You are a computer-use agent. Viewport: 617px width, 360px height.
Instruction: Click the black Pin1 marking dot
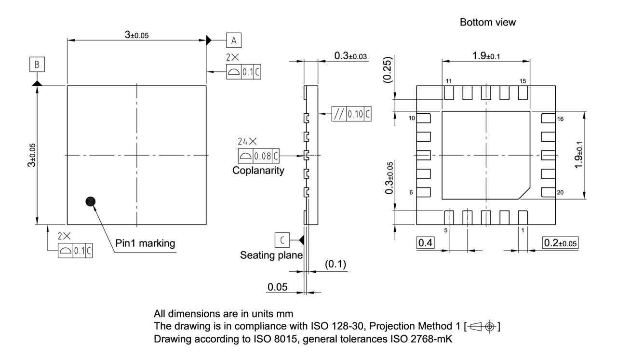[x=90, y=202]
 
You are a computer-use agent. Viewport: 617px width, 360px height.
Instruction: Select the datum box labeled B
[x=37, y=64]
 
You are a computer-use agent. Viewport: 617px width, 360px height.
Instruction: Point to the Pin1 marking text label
[x=145, y=243]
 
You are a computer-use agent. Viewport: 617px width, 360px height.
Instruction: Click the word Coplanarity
[x=259, y=171]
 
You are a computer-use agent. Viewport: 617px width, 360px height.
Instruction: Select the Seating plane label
[x=271, y=255]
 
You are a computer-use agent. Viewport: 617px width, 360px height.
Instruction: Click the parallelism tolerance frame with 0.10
[x=352, y=114]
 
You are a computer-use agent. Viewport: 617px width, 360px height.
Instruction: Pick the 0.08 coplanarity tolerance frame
[x=259, y=156]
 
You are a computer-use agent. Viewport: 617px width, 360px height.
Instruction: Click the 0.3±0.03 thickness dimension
[x=350, y=57]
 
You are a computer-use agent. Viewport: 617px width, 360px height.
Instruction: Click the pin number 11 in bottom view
[x=448, y=81]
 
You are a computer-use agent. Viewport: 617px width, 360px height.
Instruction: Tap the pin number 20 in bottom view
[x=560, y=192]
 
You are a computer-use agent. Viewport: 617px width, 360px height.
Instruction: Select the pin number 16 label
[x=560, y=119]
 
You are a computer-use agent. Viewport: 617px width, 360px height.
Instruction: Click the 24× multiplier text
[x=247, y=142]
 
